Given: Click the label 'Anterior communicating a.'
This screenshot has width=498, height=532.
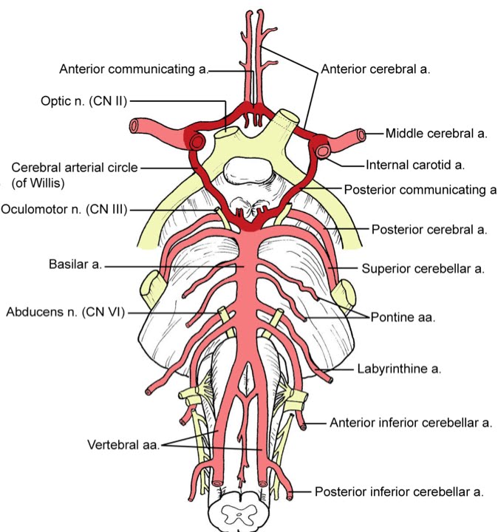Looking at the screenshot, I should (x=134, y=69).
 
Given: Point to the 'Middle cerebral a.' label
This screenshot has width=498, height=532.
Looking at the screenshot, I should (x=437, y=134).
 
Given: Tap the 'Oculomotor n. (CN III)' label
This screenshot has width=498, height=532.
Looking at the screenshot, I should (x=64, y=210).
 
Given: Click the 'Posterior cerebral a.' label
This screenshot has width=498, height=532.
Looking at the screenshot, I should (x=429, y=230).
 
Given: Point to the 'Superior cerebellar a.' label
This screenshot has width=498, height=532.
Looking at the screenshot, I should (x=423, y=269).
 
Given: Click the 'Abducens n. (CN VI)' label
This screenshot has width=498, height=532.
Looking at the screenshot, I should (x=65, y=312).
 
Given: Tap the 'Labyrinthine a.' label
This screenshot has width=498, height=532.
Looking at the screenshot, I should (x=399, y=369).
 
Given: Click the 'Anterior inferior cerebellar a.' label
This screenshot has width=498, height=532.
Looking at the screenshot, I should (x=411, y=423).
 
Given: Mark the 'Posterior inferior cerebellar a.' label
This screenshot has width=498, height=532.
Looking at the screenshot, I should (x=400, y=491).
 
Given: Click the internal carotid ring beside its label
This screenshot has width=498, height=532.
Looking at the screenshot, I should (x=324, y=151).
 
